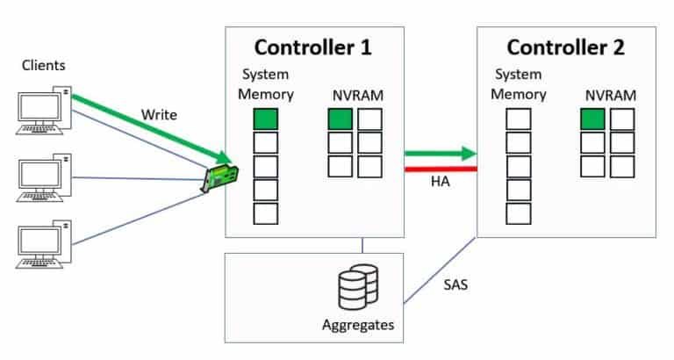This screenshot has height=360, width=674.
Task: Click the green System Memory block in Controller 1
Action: coord(266,119)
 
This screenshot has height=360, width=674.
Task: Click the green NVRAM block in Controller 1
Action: coord(340,119)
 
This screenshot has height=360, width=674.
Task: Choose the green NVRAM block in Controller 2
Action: coord(592,119)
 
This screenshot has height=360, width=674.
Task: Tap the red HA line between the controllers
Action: coord(440,168)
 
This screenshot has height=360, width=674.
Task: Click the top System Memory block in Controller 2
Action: coord(519,119)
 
